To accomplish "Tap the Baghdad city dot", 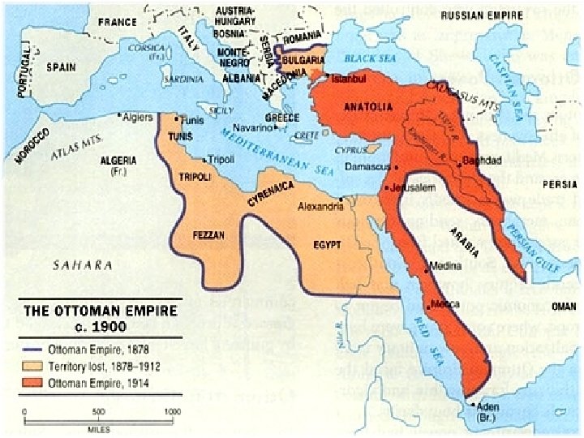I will pyautogui.click(x=459, y=163).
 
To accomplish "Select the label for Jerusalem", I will pyautogui.click(x=408, y=188).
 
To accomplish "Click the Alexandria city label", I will pyautogui.click(x=319, y=207).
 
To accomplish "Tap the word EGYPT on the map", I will pyautogui.click(x=327, y=244).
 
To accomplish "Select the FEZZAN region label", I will pyautogui.click(x=208, y=234).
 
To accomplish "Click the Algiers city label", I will pyautogui.click(x=137, y=117).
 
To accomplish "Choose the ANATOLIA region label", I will pyautogui.click(x=369, y=106).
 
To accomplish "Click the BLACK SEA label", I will pyautogui.click(x=368, y=58).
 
